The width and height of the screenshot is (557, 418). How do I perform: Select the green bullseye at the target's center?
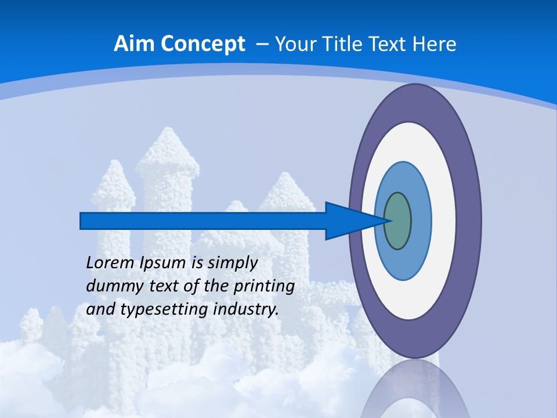[x=397, y=221]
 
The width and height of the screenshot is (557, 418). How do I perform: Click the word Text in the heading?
[x=385, y=44]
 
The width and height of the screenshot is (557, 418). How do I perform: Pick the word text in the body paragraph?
[x=162, y=286]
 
